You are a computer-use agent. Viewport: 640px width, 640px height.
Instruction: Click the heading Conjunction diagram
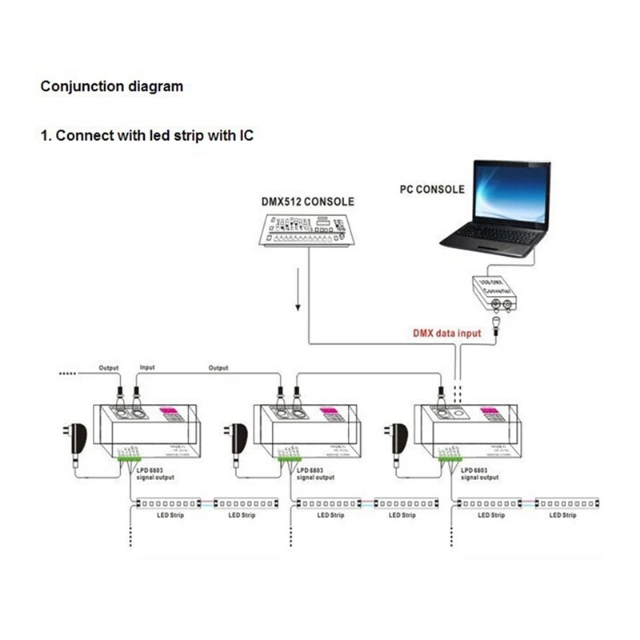point(112,86)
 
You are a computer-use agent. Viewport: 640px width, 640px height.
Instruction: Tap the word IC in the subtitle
point(245,135)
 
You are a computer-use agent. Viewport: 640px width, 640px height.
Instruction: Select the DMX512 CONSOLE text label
point(307,202)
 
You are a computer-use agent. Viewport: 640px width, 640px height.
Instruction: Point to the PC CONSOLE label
point(431,190)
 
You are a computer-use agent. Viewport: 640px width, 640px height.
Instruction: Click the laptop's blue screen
point(510,193)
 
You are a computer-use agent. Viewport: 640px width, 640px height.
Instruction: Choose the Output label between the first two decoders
point(218,368)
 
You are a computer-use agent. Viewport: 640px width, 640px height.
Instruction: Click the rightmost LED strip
point(568,504)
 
